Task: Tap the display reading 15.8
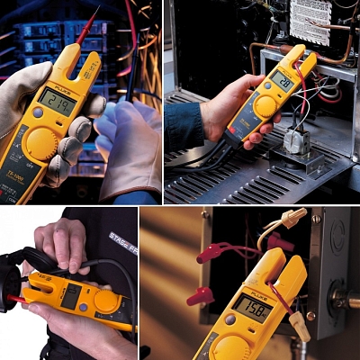click(252, 308)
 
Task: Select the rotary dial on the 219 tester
click(40, 142)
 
